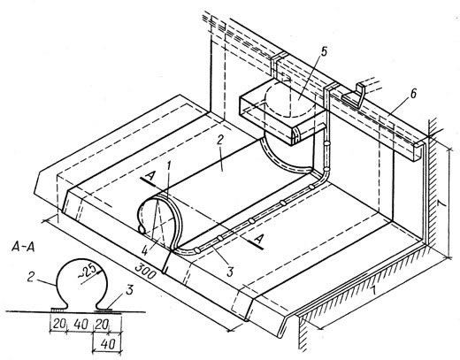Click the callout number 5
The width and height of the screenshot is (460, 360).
[x=324, y=52]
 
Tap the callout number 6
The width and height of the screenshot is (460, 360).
[x=413, y=94]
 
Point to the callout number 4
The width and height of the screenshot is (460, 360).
[x=145, y=251]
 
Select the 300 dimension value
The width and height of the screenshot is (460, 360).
[x=145, y=271]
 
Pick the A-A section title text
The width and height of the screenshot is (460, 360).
[x=23, y=247]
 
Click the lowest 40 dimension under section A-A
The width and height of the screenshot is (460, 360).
[x=108, y=343]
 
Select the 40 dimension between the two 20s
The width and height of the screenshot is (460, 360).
[x=80, y=324]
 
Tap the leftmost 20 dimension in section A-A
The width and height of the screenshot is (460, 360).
[x=58, y=324]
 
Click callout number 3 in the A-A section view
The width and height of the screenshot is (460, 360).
[x=129, y=290]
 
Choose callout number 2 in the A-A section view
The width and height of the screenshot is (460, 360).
[x=31, y=277]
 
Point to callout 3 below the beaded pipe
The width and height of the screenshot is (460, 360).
[x=230, y=272]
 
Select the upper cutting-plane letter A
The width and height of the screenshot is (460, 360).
[x=151, y=178]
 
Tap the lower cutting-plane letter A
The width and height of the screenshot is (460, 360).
[x=258, y=239]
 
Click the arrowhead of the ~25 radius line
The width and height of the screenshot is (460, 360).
[x=101, y=269]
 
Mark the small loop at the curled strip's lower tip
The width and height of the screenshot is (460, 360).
[x=142, y=229]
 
